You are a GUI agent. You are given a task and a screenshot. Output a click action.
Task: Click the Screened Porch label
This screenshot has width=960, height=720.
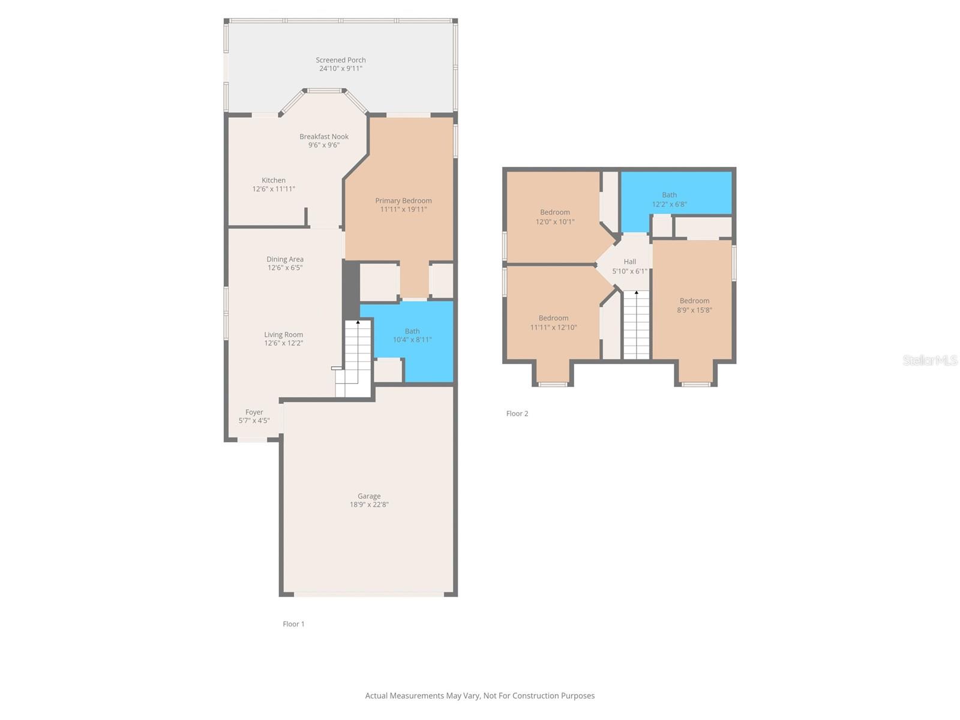click(x=340, y=60)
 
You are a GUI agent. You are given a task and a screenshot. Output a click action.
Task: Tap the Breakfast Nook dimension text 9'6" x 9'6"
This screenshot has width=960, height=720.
click(x=324, y=145)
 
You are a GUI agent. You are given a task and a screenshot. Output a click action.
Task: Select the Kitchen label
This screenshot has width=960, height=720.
click(x=274, y=180)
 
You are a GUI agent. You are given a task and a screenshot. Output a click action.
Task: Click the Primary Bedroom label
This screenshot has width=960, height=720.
click(x=403, y=200)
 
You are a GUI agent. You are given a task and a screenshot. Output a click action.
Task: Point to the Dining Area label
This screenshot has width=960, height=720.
click(x=285, y=259)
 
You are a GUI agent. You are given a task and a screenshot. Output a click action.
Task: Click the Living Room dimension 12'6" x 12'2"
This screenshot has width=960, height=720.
click(x=284, y=343)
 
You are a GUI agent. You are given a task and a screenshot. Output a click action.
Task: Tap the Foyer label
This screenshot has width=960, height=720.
click(x=254, y=412)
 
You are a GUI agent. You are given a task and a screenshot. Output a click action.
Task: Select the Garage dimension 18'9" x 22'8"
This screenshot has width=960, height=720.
click(x=369, y=505)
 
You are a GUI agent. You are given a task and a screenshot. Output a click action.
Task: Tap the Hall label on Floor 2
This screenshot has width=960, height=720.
click(x=629, y=262)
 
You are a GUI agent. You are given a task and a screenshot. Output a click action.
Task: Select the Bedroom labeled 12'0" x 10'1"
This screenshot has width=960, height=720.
click(x=555, y=217)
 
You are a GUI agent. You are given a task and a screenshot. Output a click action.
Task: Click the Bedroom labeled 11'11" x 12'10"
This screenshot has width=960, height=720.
click(x=553, y=323)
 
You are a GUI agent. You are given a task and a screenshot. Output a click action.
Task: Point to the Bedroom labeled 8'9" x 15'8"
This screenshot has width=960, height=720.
click(x=694, y=305)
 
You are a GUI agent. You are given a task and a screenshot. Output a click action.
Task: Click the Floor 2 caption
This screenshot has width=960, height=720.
click(x=517, y=413)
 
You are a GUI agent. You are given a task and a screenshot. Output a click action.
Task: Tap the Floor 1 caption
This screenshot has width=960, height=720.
click(x=293, y=624)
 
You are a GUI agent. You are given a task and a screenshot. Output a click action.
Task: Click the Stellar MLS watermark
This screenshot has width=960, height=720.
click(x=930, y=360)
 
